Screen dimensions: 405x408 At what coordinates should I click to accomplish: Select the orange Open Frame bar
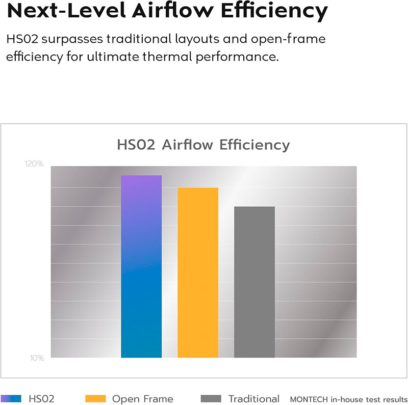pos(198,273)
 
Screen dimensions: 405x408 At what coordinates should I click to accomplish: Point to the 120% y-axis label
pos(34,164)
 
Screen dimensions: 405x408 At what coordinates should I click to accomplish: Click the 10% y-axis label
pos(36,358)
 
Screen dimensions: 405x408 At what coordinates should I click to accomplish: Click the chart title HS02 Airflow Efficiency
pos(203,145)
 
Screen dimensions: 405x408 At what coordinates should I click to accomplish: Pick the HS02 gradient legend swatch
pos(11,398)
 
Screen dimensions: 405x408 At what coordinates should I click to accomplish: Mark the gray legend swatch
pos(211,398)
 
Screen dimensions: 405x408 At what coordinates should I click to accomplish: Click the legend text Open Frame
pos(142,399)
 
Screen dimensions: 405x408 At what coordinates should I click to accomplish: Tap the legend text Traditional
pos(254,399)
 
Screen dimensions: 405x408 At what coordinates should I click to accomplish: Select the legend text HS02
pos(41,399)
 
